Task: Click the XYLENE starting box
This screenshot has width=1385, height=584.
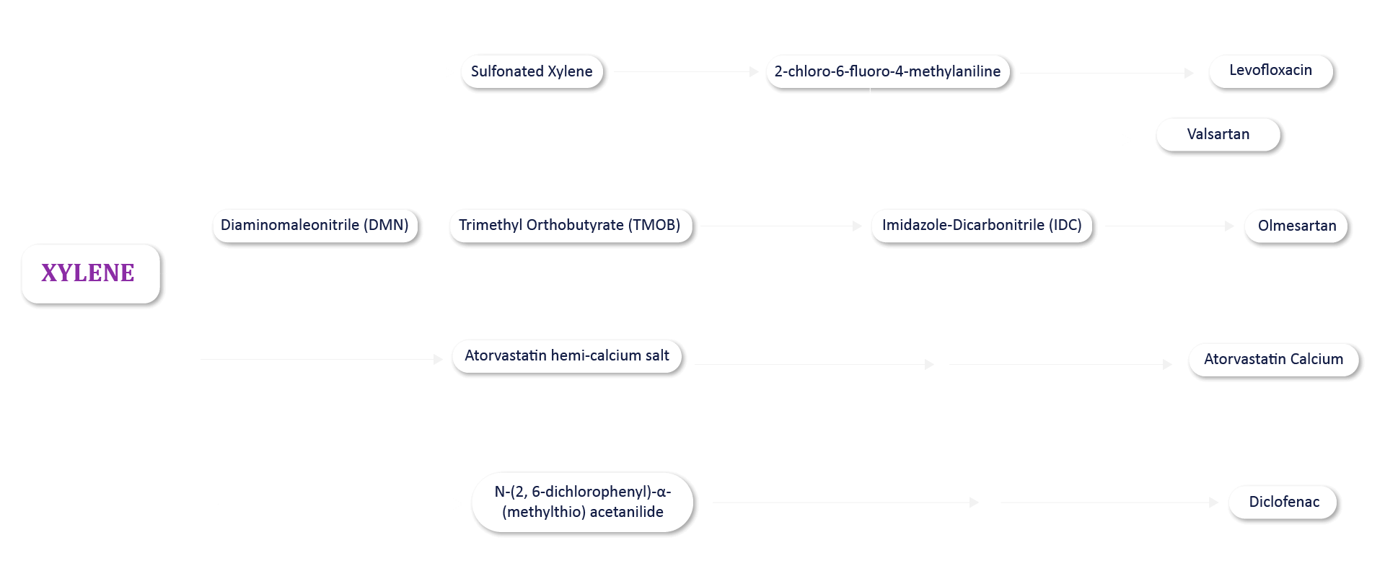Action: (x=90, y=273)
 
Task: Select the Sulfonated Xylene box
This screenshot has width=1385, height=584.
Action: (x=532, y=71)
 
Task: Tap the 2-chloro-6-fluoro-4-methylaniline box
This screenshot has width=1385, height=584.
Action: (x=887, y=71)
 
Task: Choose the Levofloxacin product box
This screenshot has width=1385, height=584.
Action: (x=1270, y=71)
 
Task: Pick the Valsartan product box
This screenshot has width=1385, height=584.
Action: (x=1218, y=134)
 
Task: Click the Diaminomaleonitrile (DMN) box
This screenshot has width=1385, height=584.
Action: (x=315, y=225)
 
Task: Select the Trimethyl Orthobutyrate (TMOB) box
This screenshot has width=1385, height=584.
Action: (x=570, y=225)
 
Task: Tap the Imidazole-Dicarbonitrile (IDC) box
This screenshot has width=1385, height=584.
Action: (x=981, y=225)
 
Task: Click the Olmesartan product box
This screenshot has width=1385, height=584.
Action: (x=1296, y=226)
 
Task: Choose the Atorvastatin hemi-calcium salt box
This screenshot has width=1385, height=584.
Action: (x=566, y=355)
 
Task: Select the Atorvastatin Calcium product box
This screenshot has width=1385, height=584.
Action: (x=1273, y=359)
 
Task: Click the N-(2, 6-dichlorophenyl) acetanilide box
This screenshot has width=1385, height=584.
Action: (x=582, y=502)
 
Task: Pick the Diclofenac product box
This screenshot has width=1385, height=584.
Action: (x=1283, y=502)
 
